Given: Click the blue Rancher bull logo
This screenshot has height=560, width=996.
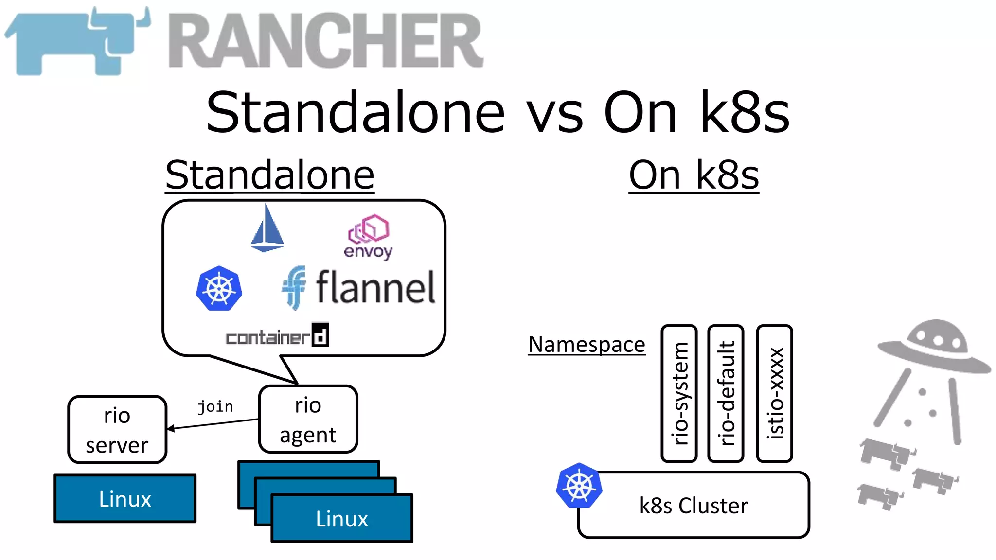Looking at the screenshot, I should [x=78, y=41].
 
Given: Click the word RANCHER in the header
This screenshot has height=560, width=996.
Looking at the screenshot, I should [x=326, y=41].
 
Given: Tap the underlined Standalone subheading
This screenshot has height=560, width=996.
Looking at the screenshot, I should [x=270, y=175].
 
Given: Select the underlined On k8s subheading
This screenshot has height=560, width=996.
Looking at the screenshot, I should [x=694, y=175].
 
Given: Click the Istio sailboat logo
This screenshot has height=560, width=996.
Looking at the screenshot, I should [x=267, y=228].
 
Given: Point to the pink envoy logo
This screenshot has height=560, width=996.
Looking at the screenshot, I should [x=368, y=236].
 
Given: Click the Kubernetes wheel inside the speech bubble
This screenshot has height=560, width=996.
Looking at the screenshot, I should [x=219, y=288].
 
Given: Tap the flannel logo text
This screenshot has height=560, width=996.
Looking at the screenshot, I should [x=374, y=288].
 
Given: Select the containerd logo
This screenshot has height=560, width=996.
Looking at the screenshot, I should [x=277, y=335].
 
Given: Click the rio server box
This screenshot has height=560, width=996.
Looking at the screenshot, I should [x=117, y=430].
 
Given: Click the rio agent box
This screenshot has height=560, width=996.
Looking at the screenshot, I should [x=308, y=420].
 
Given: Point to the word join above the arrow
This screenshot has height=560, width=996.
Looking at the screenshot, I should [x=215, y=406].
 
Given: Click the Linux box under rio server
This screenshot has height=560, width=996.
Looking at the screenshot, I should [x=125, y=499].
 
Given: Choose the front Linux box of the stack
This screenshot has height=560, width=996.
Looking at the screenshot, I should [x=342, y=519].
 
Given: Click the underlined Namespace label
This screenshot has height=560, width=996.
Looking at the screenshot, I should [x=587, y=345].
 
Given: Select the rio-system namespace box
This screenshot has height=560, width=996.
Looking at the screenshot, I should [x=679, y=393].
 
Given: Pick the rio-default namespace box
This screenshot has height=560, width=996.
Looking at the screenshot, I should [x=726, y=393].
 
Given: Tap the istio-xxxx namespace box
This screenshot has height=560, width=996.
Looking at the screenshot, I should [x=775, y=393].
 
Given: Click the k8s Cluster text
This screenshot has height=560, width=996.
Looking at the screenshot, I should [x=694, y=506].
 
